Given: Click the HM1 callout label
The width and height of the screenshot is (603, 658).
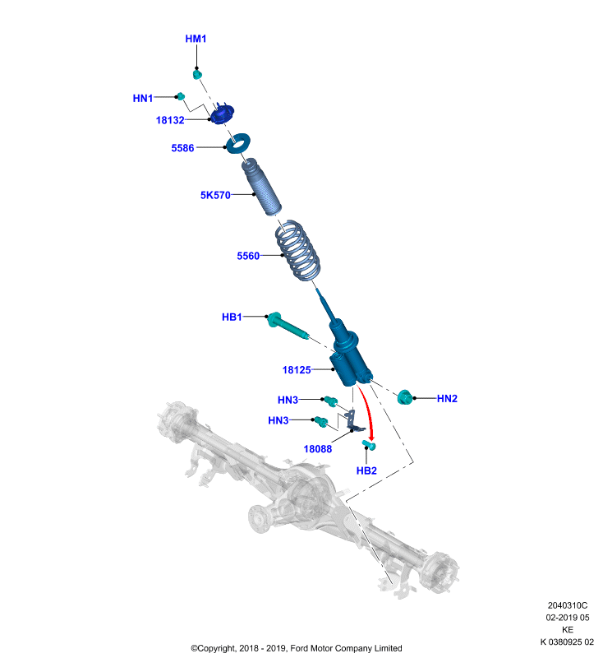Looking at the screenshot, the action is coord(196,39).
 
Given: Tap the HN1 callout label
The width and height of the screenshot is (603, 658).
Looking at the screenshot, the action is coord(143,98).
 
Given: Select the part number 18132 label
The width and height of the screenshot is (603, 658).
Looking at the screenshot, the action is coord(170,120).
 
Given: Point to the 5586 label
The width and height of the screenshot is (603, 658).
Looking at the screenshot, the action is coord(182,148).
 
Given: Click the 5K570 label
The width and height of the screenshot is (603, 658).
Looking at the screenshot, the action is coord(215,195).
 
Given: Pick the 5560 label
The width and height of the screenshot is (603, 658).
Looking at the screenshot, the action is coord(248,256).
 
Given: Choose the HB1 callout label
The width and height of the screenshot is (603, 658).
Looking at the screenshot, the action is coord(232,317).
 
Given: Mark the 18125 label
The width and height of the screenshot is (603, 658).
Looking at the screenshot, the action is coord(297,370).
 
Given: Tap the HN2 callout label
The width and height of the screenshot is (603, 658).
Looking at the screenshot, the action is coord(447,399).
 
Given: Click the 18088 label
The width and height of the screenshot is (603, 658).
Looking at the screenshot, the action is coord(318,449).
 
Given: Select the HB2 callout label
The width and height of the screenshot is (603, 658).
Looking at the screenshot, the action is coord(366,470).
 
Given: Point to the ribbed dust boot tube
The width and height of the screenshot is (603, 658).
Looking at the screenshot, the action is coord(260,187).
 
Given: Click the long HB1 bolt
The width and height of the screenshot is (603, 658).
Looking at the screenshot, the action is coord(287,326).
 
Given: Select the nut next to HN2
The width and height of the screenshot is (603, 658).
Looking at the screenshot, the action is coord(404,397).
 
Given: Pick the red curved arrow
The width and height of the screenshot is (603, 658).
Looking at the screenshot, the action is coord(367,411).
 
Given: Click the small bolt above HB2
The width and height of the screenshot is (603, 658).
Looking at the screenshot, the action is coord(369,444).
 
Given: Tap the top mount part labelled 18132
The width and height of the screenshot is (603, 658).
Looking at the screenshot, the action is coord(222,114).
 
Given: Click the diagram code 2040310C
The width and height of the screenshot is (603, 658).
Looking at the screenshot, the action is coord(568,605).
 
